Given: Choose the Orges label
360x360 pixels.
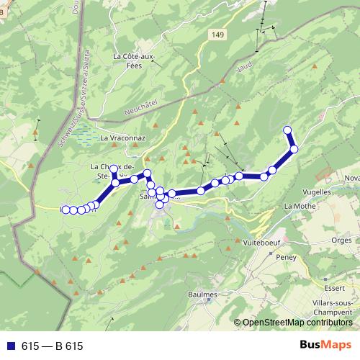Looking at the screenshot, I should coord(345,241).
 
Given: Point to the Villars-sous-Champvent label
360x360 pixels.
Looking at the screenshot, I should coord(338,308).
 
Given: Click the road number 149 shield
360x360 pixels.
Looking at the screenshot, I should coord(219,35).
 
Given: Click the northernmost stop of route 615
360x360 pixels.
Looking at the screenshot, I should coord(288,130).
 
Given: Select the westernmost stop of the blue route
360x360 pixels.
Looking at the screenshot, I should coord(65,210).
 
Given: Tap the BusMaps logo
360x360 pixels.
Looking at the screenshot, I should coord(325,346).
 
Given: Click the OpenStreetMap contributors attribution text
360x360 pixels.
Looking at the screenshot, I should coord(297,323).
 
